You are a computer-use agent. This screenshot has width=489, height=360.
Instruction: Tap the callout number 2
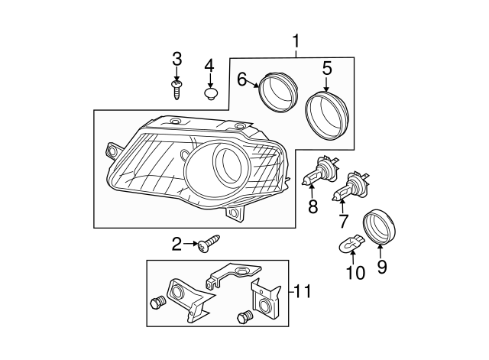[176, 245]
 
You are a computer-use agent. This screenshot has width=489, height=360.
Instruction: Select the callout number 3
[176, 59]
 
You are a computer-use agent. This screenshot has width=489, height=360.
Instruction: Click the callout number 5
[326, 70]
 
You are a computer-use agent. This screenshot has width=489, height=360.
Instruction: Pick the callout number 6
[242, 78]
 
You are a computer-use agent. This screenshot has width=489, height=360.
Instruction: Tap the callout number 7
[344, 222]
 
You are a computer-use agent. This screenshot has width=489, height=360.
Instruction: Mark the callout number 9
[382, 267]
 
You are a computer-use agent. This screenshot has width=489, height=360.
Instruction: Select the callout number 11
[303, 291]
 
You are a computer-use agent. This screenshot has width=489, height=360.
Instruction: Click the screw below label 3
[176, 89]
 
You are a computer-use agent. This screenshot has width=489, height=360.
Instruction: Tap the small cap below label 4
[210, 95]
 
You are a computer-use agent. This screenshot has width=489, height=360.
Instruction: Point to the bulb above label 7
[350, 186]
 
